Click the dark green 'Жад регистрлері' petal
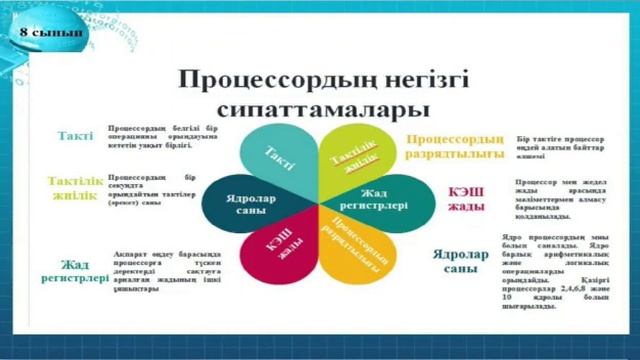pos(383,198)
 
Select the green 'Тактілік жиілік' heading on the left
pos(72,187)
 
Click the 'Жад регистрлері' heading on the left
pos(73,270)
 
